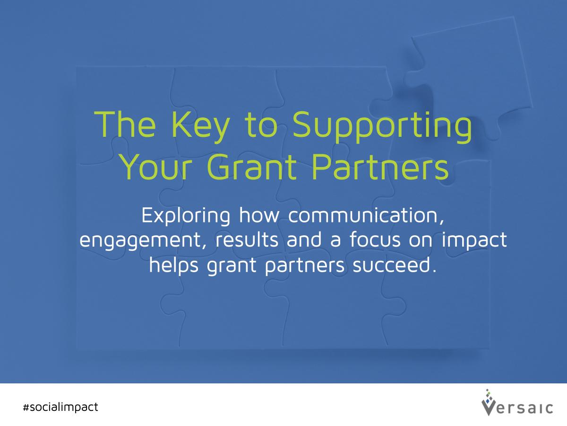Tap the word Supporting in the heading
click(x=382, y=127)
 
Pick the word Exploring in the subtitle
click(x=186, y=216)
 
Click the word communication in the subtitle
click(x=366, y=215)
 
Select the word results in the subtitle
click(x=247, y=240)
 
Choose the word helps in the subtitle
click(x=174, y=266)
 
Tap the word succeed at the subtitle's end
click(x=395, y=265)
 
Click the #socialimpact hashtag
click(x=60, y=407)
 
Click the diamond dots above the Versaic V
click(x=488, y=396)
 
